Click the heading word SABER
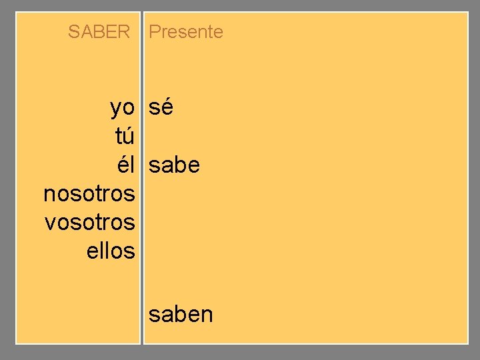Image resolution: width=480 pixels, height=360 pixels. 99,31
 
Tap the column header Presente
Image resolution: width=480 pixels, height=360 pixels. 186,31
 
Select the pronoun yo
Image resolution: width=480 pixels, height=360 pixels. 123,107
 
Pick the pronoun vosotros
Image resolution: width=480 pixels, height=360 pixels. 90,223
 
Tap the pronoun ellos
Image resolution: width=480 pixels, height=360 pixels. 111,251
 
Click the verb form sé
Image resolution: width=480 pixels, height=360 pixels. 161,107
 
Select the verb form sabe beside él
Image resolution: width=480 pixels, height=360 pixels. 174,165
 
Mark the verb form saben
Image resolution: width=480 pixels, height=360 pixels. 181,313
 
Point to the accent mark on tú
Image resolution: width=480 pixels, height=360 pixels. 130,127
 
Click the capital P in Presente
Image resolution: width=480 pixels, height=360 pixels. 154,31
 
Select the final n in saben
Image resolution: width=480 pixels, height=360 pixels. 207,315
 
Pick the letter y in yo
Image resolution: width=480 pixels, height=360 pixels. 116,109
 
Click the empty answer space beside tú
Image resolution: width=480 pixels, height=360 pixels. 200,136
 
